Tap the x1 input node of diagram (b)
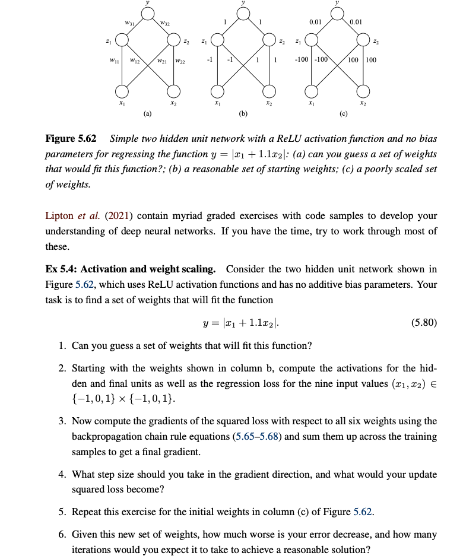point(218,91)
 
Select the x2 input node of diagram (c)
point(364,91)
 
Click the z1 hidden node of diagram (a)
point(122,40)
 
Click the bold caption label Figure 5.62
point(71,139)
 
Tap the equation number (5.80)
point(423,323)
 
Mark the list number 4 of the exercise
point(62,475)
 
